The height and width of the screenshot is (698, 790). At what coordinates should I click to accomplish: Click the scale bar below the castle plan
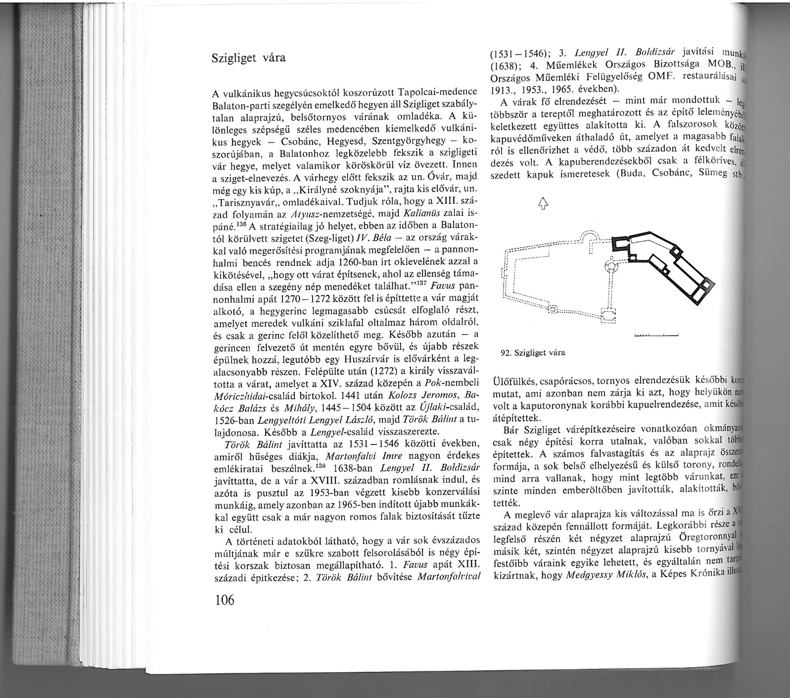[656, 336]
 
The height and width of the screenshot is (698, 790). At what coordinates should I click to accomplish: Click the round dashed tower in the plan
[612, 267]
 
